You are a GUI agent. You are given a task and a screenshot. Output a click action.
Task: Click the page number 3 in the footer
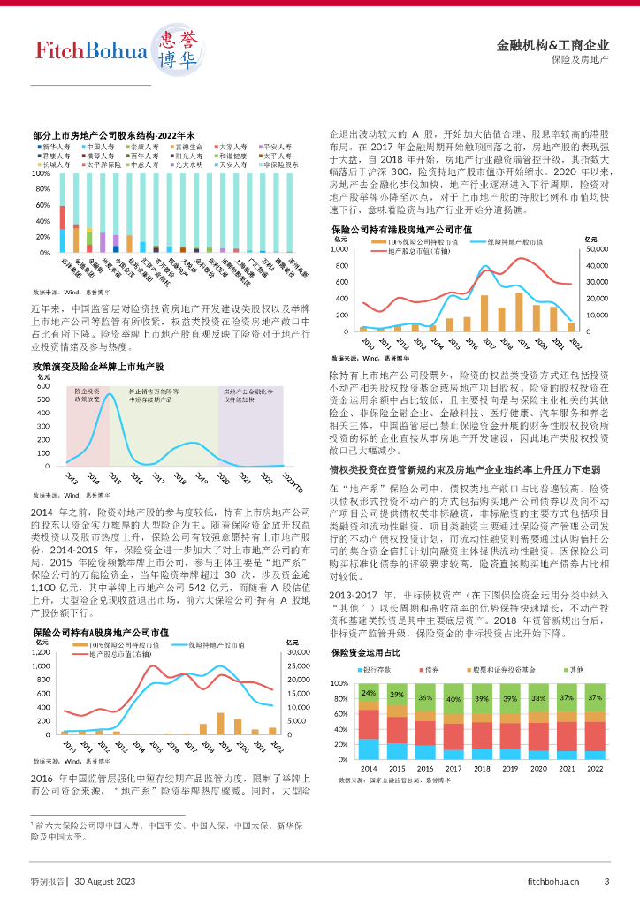click(x=606, y=880)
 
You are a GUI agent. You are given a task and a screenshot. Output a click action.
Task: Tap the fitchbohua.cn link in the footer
click(x=552, y=880)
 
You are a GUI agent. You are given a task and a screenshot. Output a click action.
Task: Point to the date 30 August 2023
click(x=104, y=880)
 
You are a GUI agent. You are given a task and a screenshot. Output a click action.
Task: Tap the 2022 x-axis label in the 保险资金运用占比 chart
click(x=595, y=768)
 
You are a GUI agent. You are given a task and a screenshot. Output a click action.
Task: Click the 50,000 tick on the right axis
click(x=598, y=249)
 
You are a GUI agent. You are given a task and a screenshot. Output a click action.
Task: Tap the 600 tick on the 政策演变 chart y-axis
click(x=42, y=385)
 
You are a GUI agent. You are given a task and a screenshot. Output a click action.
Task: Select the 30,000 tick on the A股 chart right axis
click(x=297, y=652)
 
